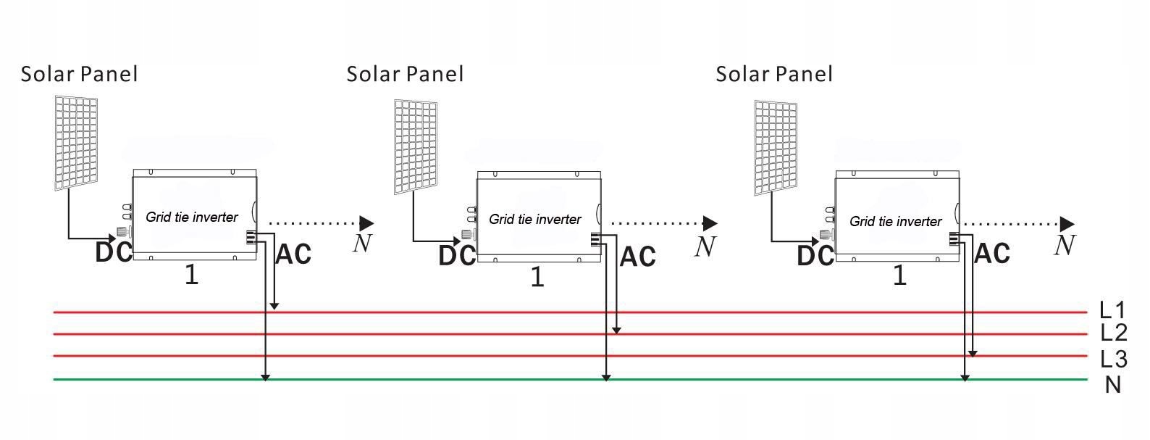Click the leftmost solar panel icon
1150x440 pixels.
pyautogui.click(x=77, y=142)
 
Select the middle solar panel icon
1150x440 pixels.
pyautogui.click(x=416, y=146)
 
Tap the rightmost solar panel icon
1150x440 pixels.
pyautogui.click(x=776, y=148)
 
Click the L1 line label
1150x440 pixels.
pyautogui.click(x=1112, y=310)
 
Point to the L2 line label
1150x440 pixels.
pyautogui.click(x=1113, y=333)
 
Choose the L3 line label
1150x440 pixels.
pyautogui.click(x=1113, y=359)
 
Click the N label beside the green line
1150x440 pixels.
pyautogui.click(x=1113, y=385)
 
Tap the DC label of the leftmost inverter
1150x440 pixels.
pyautogui.click(x=114, y=252)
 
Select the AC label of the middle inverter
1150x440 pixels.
pyautogui.click(x=638, y=257)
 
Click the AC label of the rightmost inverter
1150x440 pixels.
pyautogui.click(x=992, y=254)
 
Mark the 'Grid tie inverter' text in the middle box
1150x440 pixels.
pyautogui.click(x=535, y=219)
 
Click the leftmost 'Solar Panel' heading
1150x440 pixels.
pyautogui.click(x=79, y=74)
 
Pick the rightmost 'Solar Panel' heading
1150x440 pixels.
pyautogui.click(x=774, y=74)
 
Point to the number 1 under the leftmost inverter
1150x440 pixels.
pyautogui.click(x=191, y=275)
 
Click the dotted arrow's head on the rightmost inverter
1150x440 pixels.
pyautogui.click(x=1067, y=224)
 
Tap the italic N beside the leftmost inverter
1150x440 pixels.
pyautogui.click(x=362, y=244)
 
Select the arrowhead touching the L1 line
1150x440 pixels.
pyautogui.click(x=274, y=307)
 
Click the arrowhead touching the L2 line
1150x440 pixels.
pyautogui.click(x=616, y=330)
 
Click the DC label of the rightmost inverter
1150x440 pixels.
pyautogui.click(x=815, y=256)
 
